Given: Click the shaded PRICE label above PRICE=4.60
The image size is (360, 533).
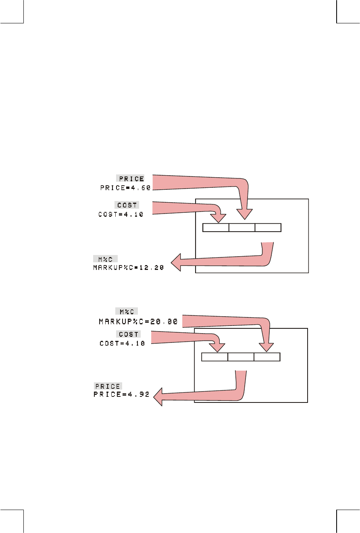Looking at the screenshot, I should [x=130, y=179].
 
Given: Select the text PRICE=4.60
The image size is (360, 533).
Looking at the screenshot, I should [x=125, y=188].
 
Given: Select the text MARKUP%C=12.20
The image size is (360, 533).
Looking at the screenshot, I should [x=128, y=268].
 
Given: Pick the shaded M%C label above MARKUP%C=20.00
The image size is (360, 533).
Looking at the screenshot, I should [x=127, y=311].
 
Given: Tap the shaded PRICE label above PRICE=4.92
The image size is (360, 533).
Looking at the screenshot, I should [x=108, y=386].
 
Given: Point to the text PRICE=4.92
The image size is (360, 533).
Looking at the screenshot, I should [x=121, y=395].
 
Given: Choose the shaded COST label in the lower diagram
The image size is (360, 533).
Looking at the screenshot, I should [x=129, y=334].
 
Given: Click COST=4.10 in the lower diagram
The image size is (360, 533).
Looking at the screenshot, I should [x=122, y=343].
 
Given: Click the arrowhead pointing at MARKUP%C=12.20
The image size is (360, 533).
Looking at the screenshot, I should [x=177, y=263].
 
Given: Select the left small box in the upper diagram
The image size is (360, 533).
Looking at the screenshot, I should [x=215, y=228].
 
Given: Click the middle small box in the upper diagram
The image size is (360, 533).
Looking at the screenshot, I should [x=242, y=228].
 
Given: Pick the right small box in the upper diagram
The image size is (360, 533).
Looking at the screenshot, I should [x=268, y=228].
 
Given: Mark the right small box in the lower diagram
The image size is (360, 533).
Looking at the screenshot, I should [x=267, y=357].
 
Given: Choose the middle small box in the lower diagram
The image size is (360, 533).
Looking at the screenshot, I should [x=241, y=357].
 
